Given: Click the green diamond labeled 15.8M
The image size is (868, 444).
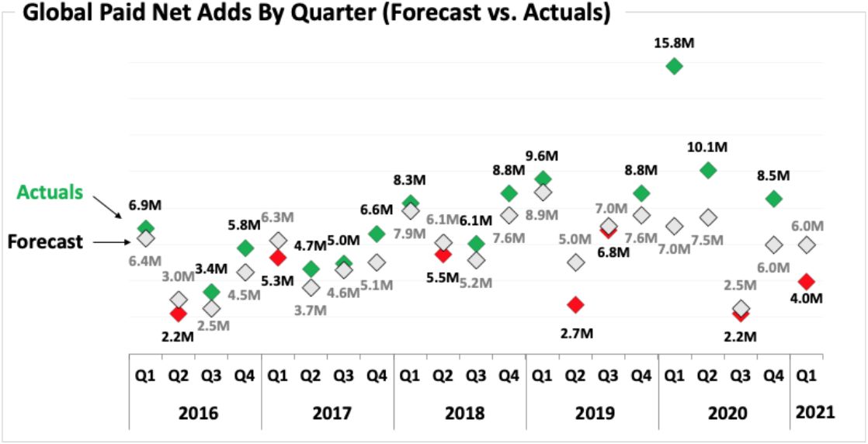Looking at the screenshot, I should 675,67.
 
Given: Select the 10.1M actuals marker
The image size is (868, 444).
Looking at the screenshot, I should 707,170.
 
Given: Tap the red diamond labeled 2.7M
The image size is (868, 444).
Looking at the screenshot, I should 575,304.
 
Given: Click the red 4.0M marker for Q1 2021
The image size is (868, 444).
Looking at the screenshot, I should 807,280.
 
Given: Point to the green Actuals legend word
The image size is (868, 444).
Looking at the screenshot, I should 50,193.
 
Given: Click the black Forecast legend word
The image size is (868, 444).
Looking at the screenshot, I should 45,241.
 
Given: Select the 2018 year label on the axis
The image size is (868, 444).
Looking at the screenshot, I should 460,412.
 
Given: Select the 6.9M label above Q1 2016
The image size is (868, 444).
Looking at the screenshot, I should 145,207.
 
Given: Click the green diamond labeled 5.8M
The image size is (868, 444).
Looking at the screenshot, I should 245,248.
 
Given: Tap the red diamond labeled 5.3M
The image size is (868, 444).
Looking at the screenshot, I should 278,258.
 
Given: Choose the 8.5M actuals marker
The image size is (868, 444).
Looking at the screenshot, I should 773,199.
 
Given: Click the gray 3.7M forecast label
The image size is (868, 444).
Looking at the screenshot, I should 311,310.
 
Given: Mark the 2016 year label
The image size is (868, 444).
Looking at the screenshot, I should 195,412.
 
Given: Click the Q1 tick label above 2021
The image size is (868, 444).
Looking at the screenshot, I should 807,375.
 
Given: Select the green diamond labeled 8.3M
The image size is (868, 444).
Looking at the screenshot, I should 410,203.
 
